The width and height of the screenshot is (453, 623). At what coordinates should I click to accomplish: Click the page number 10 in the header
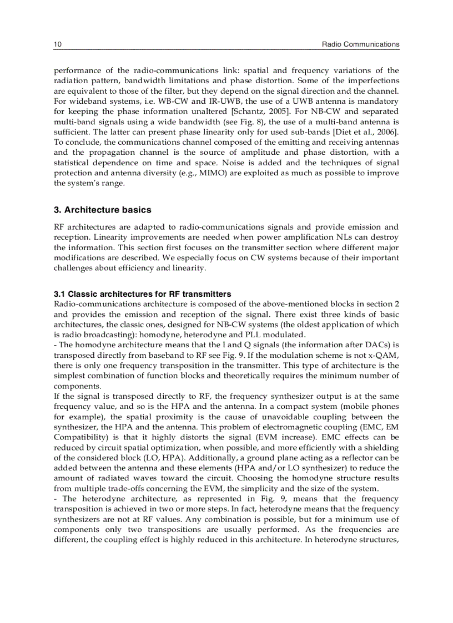tap(57, 44)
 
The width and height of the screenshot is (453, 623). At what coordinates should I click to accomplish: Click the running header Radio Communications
tap(360, 44)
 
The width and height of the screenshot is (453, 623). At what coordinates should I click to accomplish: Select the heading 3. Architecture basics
tap(102, 210)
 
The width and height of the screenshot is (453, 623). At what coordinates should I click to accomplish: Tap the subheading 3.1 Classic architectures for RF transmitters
tap(142, 294)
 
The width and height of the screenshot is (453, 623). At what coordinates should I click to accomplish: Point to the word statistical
tap(74, 163)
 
